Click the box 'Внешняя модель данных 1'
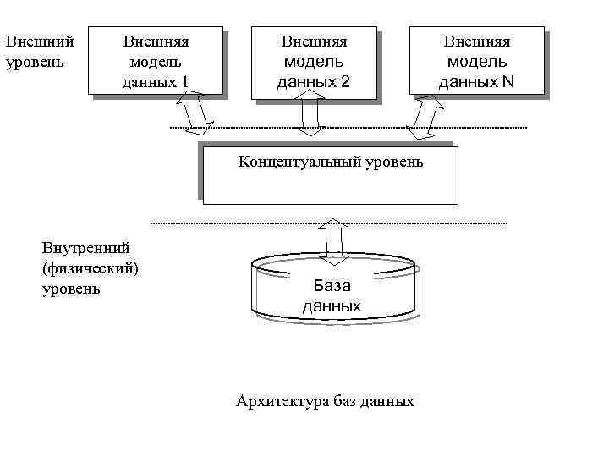click(x=156, y=61)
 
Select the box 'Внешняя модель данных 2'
click(x=314, y=61)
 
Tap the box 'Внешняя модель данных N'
click(x=476, y=61)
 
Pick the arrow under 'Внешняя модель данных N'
click(x=425, y=118)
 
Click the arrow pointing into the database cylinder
click(x=335, y=239)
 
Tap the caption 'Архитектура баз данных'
click(x=326, y=400)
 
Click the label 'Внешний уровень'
click(x=39, y=51)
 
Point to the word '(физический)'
click(x=91, y=268)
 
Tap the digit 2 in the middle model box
click(x=344, y=82)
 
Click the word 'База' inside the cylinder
click(x=332, y=285)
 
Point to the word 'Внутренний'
click(x=85, y=248)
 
